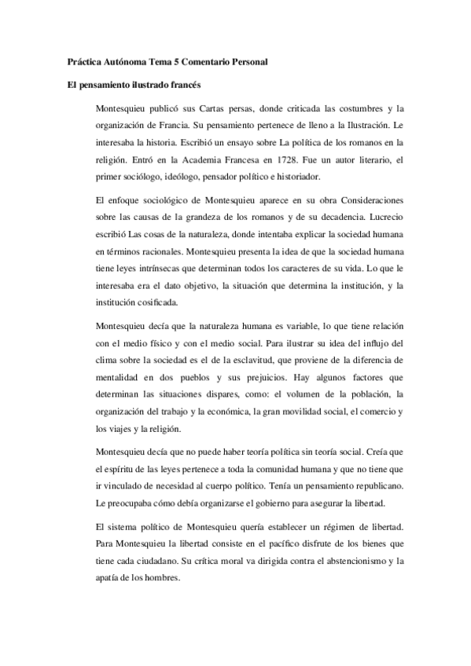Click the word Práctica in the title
coord(83,61)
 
